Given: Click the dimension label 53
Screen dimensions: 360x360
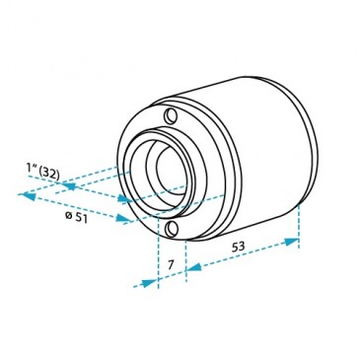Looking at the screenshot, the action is tap(239, 247).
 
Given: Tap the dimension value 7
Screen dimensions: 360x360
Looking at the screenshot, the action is tap(171, 264).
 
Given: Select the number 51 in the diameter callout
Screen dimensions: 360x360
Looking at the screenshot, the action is tap(81, 218).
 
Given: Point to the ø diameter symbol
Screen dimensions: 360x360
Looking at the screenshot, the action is tap(69, 215).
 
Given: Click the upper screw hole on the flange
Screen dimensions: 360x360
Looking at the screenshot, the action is tap(172, 115).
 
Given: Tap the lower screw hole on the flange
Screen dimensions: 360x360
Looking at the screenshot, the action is tap(172, 229).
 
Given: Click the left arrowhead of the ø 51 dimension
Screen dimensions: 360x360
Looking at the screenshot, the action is tap(28, 196).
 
